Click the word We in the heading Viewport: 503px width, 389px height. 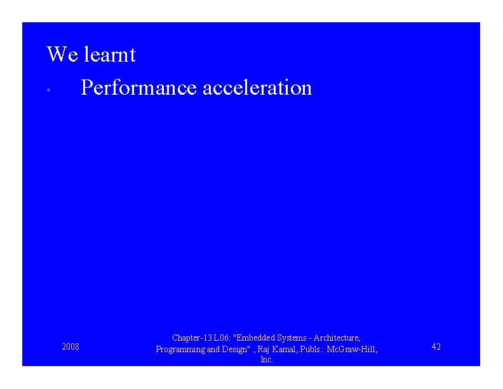[62, 55]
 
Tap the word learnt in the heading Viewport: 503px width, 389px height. [109, 55]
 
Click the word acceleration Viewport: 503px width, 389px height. [257, 88]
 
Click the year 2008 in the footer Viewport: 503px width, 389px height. [70, 347]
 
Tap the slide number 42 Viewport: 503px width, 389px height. [436, 347]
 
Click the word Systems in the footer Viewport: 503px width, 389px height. [291, 338]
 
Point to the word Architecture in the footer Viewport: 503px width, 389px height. [336, 338]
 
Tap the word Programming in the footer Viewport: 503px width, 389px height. [180, 350]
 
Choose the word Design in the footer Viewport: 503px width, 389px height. [233, 350]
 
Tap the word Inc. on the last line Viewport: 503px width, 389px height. [267, 360]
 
